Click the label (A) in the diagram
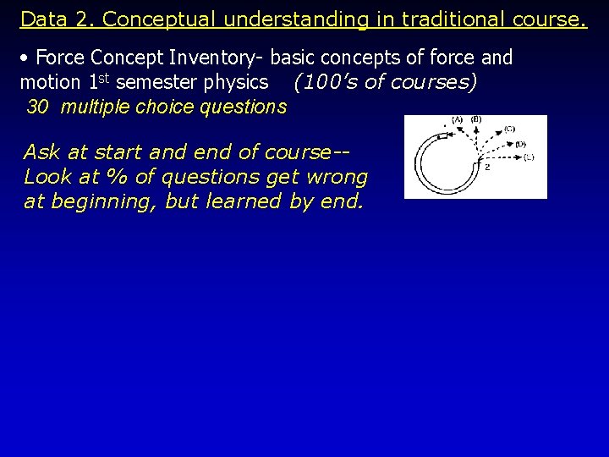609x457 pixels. tap(457, 119)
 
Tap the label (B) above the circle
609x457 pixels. tap(476, 119)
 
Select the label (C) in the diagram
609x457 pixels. tap(509, 129)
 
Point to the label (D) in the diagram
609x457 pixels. tap(520, 144)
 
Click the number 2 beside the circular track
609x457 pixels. tap(486, 167)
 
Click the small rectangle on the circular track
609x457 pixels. tap(442, 135)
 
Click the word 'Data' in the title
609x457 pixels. tap(39, 19)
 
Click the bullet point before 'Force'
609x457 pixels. tap(26, 58)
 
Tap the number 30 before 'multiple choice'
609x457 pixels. tap(38, 107)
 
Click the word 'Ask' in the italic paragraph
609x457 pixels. tap(41, 152)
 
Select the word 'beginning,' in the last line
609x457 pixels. tap(100, 201)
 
